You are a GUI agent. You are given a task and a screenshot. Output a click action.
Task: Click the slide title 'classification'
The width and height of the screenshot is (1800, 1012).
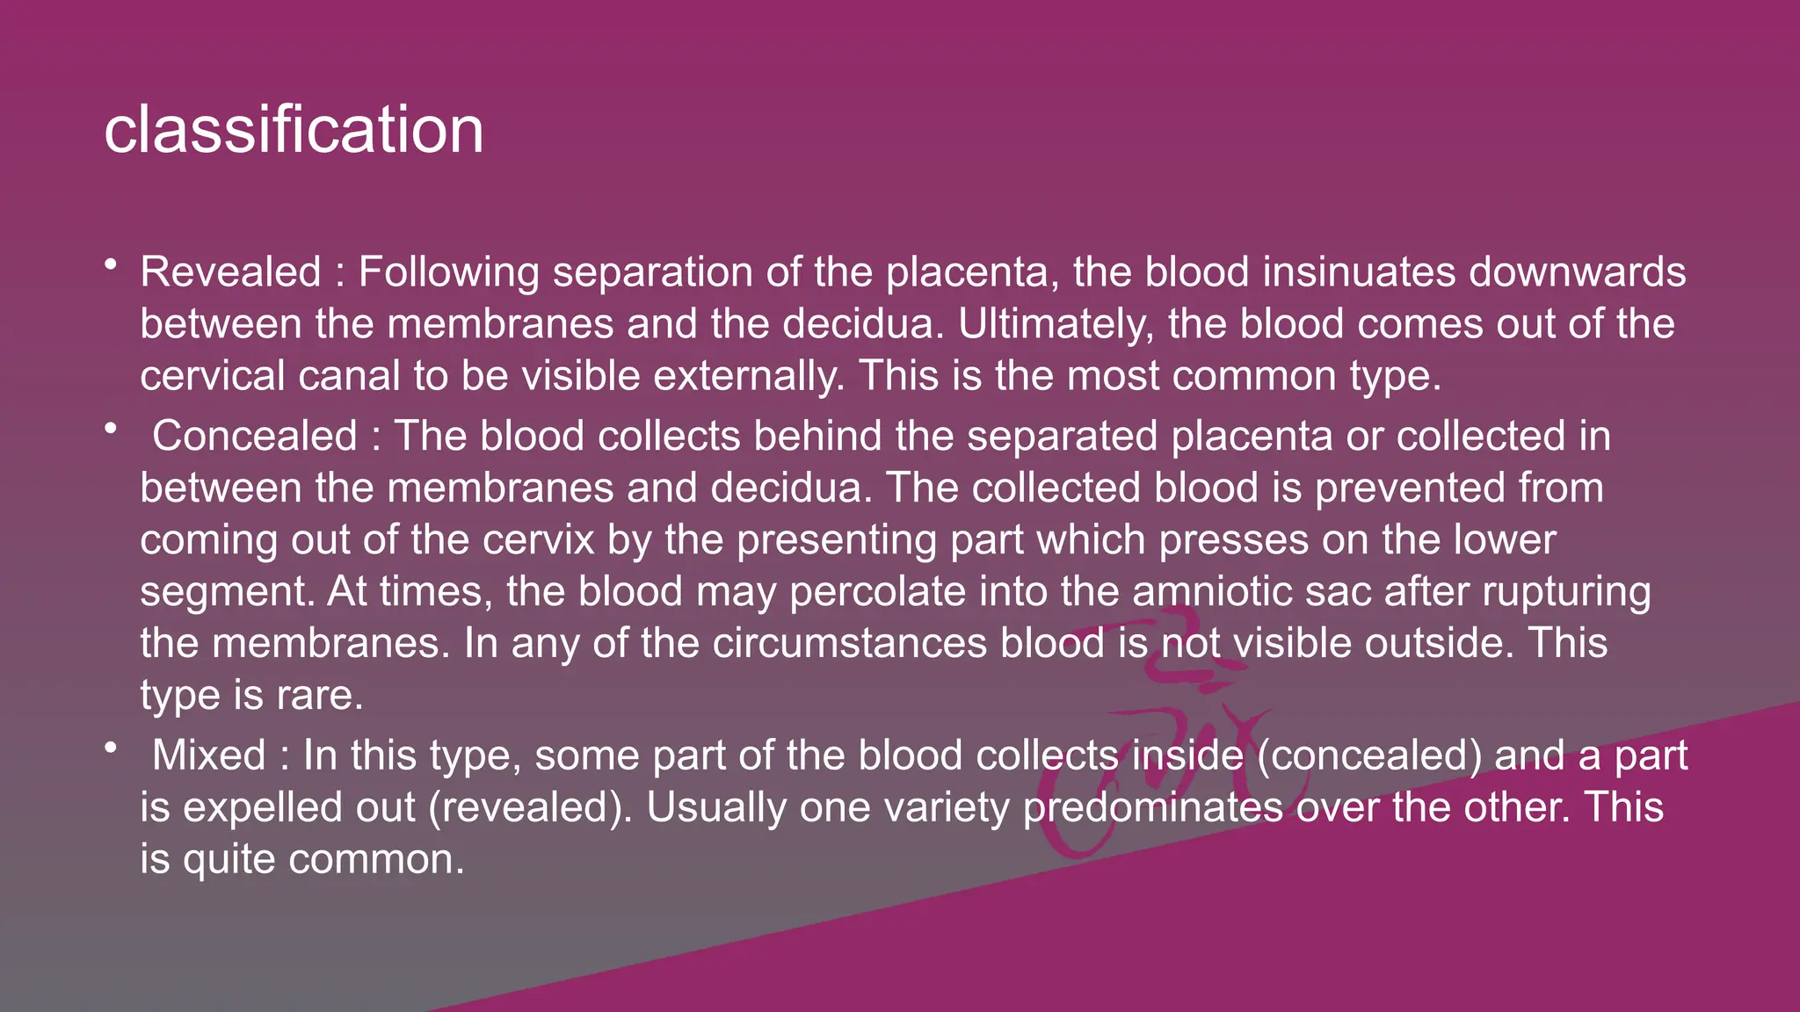(294, 130)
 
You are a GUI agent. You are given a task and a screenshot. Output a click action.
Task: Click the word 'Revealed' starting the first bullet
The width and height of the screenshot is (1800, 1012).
(231, 272)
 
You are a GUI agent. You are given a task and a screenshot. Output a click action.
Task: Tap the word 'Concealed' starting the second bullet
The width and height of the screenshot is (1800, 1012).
(255, 437)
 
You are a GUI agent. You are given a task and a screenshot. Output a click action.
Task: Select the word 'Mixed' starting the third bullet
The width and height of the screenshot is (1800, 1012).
(208, 755)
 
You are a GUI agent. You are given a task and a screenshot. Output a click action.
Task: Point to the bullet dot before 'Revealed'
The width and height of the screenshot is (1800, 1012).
(110, 264)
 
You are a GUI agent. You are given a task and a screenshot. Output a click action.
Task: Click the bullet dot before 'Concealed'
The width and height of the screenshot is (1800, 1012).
(110, 429)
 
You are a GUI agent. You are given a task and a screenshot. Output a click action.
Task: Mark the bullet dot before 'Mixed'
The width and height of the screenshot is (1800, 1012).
(110, 748)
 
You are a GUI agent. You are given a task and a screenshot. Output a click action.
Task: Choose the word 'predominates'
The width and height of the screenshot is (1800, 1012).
(1153, 807)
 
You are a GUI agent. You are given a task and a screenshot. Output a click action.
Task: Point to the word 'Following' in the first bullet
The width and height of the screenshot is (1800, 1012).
(449, 272)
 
